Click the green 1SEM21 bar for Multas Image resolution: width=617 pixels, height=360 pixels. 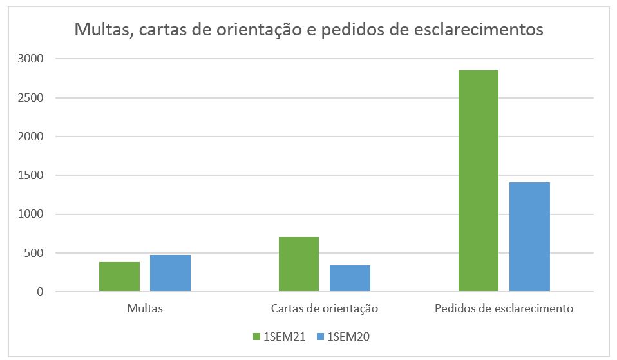click(x=119, y=277)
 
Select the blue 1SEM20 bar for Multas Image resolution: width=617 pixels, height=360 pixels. click(x=170, y=274)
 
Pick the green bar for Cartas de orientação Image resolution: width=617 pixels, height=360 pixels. click(x=299, y=264)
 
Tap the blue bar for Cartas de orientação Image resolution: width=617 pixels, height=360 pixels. click(x=350, y=278)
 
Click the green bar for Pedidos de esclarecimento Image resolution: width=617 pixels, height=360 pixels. click(x=479, y=181)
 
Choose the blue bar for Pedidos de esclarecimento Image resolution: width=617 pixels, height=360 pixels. click(x=529, y=237)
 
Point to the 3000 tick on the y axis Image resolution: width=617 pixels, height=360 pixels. click(x=31, y=59)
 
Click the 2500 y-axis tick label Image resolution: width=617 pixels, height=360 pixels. click(x=31, y=98)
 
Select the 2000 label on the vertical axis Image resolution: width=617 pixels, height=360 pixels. click(x=31, y=137)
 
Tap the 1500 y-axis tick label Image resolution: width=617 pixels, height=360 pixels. click(x=31, y=175)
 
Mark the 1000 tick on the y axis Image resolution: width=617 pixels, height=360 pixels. click(x=31, y=214)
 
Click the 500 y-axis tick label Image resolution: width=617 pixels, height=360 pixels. click(x=33, y=253)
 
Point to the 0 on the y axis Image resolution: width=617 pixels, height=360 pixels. click(x=39, y=292)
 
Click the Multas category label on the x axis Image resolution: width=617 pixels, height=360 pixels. click(x=145, y=308)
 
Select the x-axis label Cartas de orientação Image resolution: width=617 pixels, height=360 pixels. click(x=324, y=308)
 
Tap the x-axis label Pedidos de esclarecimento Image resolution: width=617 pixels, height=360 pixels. click(x=504, y=308)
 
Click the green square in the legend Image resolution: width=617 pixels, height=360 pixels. click(x=256, y=336)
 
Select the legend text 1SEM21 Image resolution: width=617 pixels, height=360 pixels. click(x=283, y=336)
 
